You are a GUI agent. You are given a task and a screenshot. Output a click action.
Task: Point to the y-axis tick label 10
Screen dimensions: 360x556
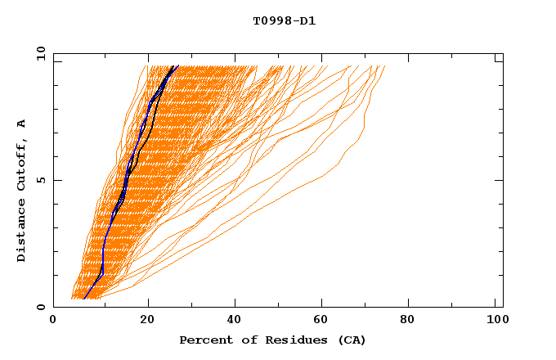pos(39,53)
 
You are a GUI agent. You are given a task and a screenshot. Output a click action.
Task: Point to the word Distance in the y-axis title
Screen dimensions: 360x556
pos(22,232)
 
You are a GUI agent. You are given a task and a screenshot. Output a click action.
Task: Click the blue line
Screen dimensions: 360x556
pos(104,245)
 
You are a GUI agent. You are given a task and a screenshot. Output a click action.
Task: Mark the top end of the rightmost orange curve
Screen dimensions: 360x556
pos(384,66)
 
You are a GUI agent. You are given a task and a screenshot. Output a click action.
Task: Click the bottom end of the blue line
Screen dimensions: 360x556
pos(84,299)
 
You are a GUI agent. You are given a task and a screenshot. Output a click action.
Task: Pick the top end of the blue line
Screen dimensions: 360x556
pos(178,66)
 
